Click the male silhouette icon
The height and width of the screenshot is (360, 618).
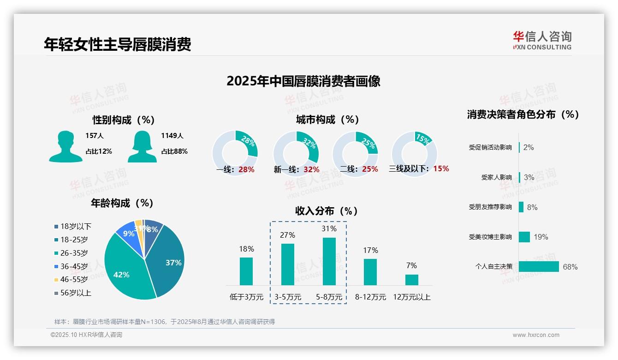click(65, 146)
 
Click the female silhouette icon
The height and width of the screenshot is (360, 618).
click(142, 146)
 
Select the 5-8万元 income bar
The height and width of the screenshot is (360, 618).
click(329, 261)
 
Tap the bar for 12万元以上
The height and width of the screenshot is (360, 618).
click(412, 280)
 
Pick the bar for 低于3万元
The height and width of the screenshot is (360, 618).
click(246, 271)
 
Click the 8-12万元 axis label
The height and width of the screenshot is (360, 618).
click(370, 297)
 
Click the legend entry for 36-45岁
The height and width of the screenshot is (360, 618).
click(71, 266)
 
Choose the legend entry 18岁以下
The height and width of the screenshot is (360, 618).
click(73, 226)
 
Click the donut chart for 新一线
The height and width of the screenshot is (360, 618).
click(296, 153)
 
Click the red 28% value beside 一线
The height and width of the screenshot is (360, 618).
click(246, 169)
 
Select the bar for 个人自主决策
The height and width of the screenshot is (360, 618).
click(539, 267)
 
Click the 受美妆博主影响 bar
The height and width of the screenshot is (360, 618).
click(524, 237)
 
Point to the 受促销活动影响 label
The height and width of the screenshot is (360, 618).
click(490, 147)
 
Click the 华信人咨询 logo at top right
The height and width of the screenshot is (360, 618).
click(542, 40)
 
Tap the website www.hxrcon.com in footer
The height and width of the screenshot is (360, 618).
click(536, 335)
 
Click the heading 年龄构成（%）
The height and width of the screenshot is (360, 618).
click(122, 203)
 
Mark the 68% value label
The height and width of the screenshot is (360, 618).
click(570, 267)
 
